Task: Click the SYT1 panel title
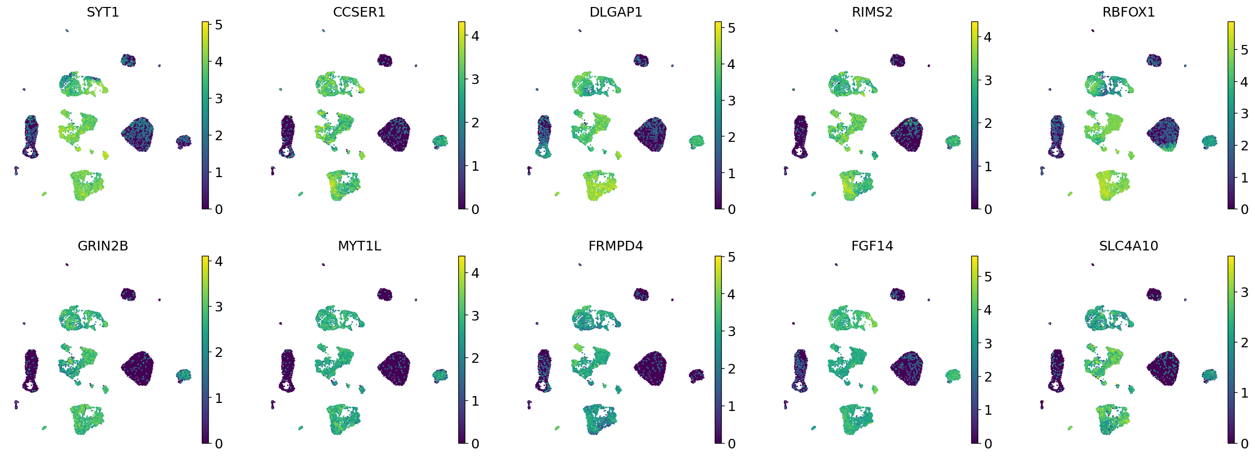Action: (103, 12)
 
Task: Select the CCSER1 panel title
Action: (359, 12)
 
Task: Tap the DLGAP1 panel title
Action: (616, 12)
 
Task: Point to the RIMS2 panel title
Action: (872, 12)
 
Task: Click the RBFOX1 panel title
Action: (1128, 12)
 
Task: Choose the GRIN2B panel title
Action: (103, 246)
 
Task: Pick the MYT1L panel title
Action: (359, 246)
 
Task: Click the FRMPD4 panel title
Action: (616, 246)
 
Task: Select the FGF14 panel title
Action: (872, 246)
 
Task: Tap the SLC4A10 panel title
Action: (1128, 246)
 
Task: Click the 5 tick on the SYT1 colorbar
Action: (218, 25)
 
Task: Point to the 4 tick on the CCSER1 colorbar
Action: (475, 36)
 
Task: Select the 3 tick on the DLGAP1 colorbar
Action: (731, 101)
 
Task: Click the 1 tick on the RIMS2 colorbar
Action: (988, 166)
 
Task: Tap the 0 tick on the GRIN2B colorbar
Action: (218, 444)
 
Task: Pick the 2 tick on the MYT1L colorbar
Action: (475, 358)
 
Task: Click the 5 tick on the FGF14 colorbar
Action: (988, 277)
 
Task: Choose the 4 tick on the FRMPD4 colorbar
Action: (731, 294)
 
